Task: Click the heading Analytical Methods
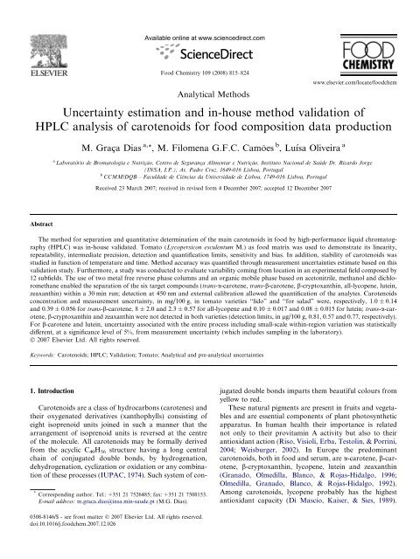pos(209,90)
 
